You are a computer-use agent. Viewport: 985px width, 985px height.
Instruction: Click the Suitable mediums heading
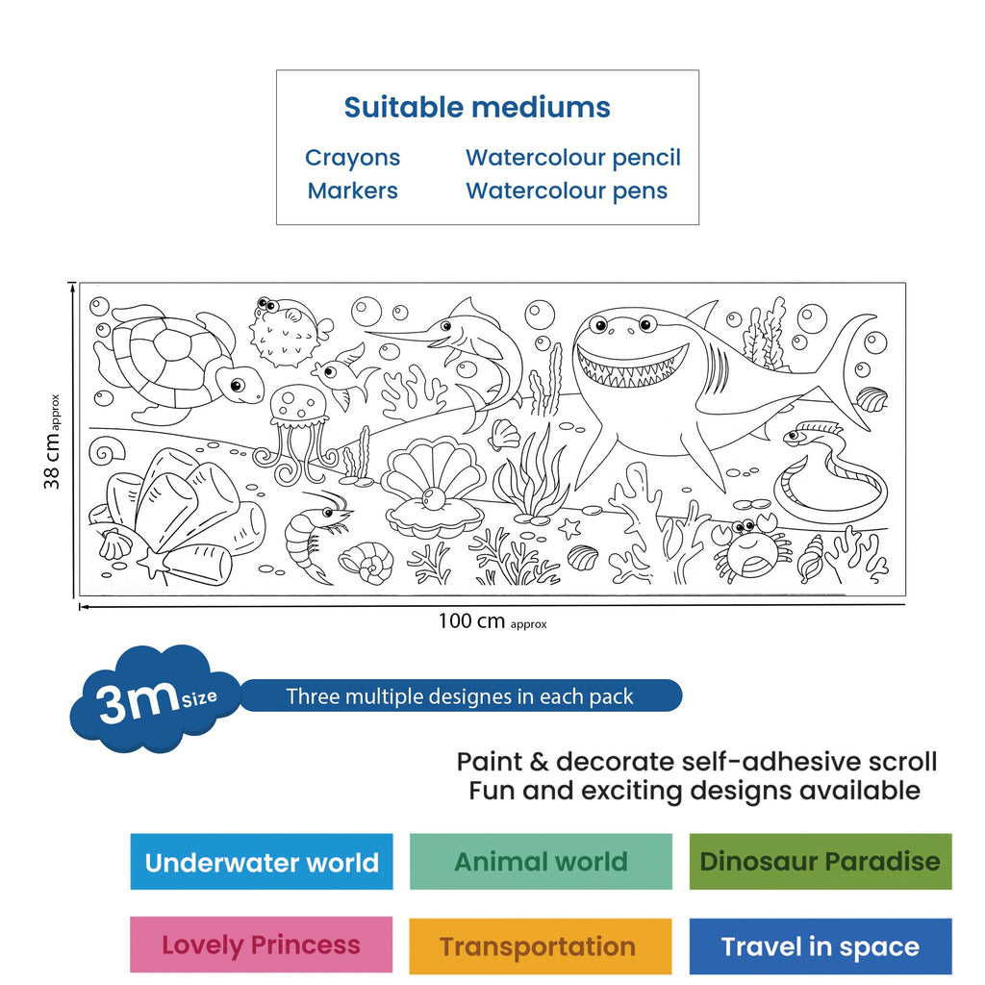click(x=477, y=108)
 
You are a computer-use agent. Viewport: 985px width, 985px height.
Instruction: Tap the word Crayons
click(x=352, y=158)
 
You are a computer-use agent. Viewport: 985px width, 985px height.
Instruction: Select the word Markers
click(x=352, y=190)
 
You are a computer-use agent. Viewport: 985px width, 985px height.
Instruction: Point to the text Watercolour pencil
click(x=573, y=158)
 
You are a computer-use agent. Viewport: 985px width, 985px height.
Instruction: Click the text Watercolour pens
click(x=567, y=190)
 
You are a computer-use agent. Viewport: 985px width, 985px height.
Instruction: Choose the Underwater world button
click(x=262, y=861)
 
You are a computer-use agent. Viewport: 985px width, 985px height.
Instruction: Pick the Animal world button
click(x=541, y=861)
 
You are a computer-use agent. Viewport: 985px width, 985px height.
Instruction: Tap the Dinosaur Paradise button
click(x=821, y=861)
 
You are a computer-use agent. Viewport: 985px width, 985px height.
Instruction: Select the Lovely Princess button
click(x=262, y=945)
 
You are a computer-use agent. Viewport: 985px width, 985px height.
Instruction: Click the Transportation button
click(x=541, y=947)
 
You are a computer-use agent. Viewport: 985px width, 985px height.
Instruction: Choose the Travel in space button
click(x=821, y=947)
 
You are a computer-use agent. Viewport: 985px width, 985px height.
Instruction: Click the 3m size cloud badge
click(x=154, y=698)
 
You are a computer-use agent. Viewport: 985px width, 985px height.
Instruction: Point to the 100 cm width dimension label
click(x=492, y=621)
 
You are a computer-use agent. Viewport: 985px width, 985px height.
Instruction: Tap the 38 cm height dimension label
click(x=53, y=441)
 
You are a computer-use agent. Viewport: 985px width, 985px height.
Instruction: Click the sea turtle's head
click(x=240, y=384)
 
